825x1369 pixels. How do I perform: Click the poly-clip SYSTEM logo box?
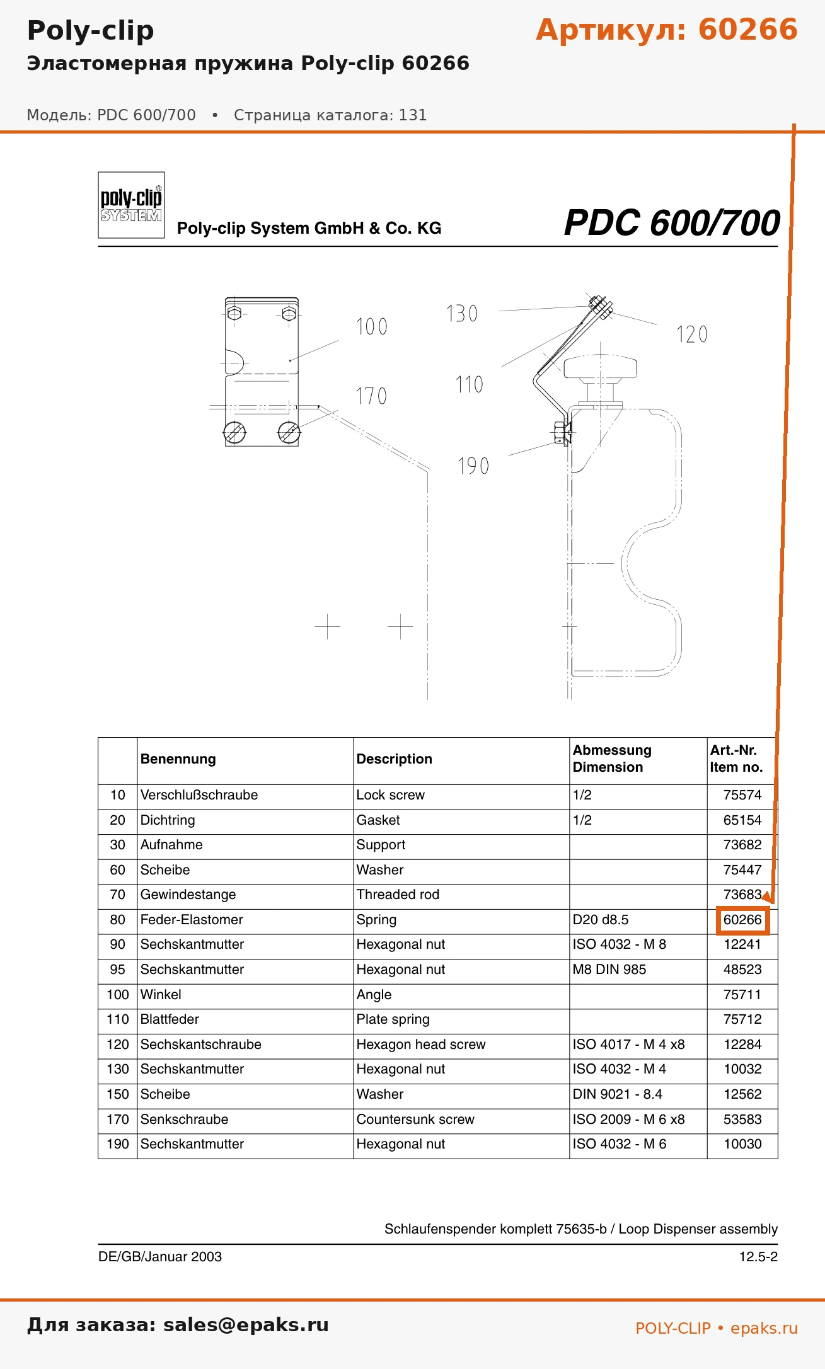click(131, 205)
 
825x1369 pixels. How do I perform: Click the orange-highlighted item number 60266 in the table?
click(742, 920)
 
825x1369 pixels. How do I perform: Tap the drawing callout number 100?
click(372, 326)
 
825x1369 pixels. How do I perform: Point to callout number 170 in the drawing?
click(371, 396)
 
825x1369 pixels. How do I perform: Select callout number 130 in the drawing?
click(462, 313)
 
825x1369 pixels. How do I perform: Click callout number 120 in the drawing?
click(692, 334)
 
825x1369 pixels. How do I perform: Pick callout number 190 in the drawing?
click(473, 466)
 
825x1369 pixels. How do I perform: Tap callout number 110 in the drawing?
click(470, 384)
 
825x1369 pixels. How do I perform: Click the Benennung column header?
click(178, 759)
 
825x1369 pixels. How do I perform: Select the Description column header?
click(395, 759)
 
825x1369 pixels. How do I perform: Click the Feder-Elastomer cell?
click(192, 920)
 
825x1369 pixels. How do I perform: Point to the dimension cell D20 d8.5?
click(601, 920)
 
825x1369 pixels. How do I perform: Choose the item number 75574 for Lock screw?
click(742, 795)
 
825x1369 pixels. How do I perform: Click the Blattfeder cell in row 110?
click(170, 1019)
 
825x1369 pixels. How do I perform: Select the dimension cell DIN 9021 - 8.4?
click(618, 1094)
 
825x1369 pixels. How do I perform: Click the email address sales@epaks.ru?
click(246, 1325)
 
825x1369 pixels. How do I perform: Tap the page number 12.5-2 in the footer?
click(758, 1257)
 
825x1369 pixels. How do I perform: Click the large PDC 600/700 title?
click(672, 222)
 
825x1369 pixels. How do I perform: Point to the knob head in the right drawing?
click(600, 369)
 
